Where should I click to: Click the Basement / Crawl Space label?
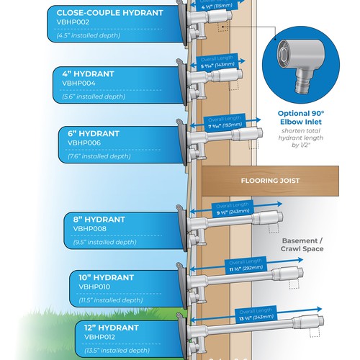tap(302, 244)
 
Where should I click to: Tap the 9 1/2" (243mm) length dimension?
tap(233, 212)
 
